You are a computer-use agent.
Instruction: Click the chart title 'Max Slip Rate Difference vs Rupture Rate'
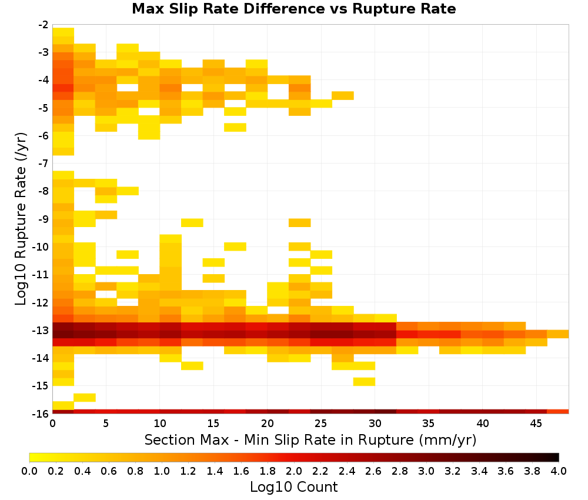point(293,9)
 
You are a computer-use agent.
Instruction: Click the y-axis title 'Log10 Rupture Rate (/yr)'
point(21,219)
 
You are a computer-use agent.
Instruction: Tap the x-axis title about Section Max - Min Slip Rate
point(310,439)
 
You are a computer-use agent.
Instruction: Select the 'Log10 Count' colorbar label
point(293,487)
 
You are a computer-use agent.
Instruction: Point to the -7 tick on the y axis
point(43,163)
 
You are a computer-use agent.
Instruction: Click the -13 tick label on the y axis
point(41,331)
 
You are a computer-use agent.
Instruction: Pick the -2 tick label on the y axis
point(43,25)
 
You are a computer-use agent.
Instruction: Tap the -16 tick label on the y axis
point(41,414)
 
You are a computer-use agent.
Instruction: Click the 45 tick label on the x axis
point(536,424)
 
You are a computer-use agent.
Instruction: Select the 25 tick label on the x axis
point(320,424)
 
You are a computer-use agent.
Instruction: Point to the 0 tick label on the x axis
point(52,424)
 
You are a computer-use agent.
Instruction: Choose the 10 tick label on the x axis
point(160,424)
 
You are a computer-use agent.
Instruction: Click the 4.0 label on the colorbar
point(559,471)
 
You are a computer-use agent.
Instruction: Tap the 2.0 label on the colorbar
point(293,471)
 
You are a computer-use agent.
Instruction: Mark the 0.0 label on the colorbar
point(29,471)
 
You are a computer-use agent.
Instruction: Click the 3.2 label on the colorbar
point(453,471)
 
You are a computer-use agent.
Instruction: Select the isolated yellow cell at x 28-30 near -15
point(364,382)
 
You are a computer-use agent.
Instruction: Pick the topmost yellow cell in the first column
point(64,32)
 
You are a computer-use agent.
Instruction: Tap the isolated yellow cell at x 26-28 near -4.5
point(343,96)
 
